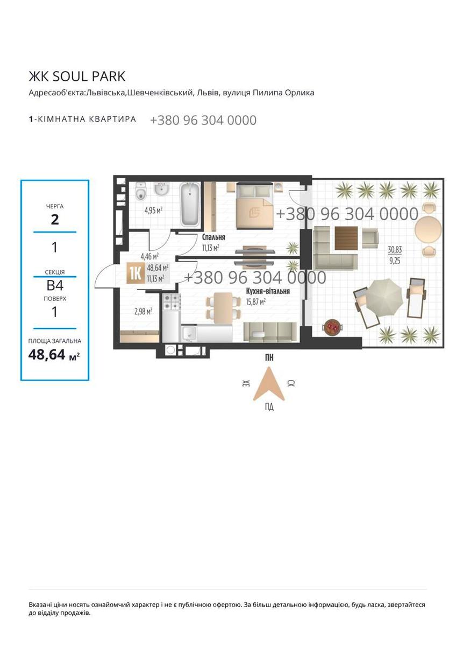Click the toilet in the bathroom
click(x=141, y=191)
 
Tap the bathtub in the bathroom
click(x=189, y=204)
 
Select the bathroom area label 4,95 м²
click(x=154, y=210)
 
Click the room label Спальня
click(x=213, y=237)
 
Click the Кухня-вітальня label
click(x=268, y=291)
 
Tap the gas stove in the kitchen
click(x=172, y=301)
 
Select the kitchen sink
click(x=189, y=334)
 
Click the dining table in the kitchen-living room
click(x=223, y=307)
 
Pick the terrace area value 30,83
click(x=395, y=250)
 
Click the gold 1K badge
click(x=136, y=274)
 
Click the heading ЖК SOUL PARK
click(x=77, y=76)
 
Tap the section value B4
click(x=55, y=286)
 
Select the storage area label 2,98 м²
click(x=143, y=312)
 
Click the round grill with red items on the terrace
click(x=332, y=327)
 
